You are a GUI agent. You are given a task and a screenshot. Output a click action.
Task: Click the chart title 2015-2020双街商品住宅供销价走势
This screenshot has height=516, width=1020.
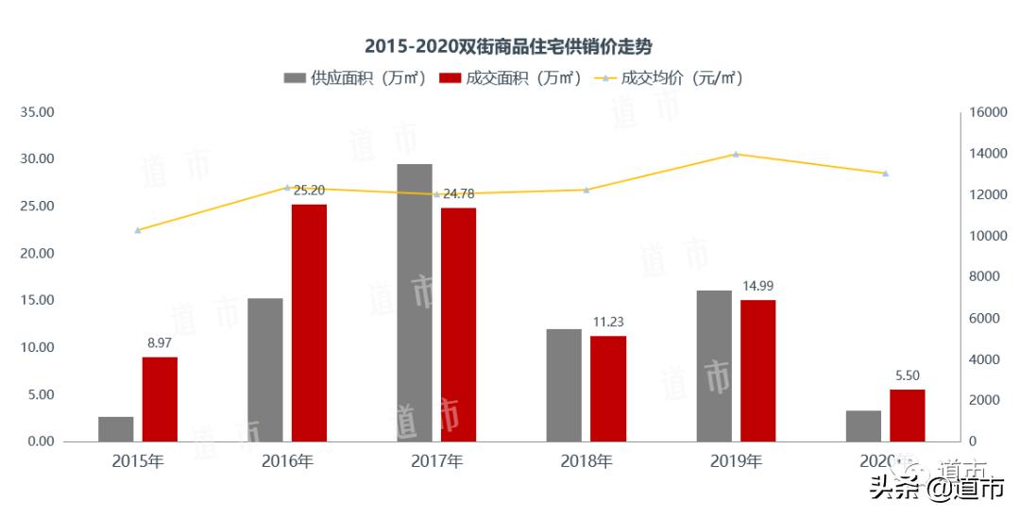pos(509,45)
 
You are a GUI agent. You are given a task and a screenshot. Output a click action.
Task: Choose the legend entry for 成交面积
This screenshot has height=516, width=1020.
pos(510,78)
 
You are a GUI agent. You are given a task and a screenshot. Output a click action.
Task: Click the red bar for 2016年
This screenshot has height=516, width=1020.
pos(309,323)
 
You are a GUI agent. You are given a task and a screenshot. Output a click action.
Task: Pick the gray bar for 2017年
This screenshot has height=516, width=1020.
pos(415,302)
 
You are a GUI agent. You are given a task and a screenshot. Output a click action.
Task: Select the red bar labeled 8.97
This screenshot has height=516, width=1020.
pos(160,399)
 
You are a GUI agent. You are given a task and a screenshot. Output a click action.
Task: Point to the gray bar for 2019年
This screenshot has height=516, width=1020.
pos(714,365)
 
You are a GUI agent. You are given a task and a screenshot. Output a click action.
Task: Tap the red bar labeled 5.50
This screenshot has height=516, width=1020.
pos(908,415)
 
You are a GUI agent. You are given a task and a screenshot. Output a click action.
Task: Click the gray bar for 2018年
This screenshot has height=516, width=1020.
pos(564,385)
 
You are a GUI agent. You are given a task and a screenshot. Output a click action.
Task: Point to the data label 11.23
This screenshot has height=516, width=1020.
pos(608,322)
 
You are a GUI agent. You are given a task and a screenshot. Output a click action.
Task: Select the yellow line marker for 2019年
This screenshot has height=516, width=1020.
pos(736,154)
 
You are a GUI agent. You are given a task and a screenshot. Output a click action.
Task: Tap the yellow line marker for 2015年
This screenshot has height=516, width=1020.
pos(138,230)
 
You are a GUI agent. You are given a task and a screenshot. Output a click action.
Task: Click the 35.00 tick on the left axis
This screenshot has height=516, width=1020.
pos(37,112)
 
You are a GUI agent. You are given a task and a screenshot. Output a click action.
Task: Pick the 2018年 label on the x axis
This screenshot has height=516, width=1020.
pos(586,461)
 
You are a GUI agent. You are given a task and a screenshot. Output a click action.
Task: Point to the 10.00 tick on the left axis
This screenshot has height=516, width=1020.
pos(37,347)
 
